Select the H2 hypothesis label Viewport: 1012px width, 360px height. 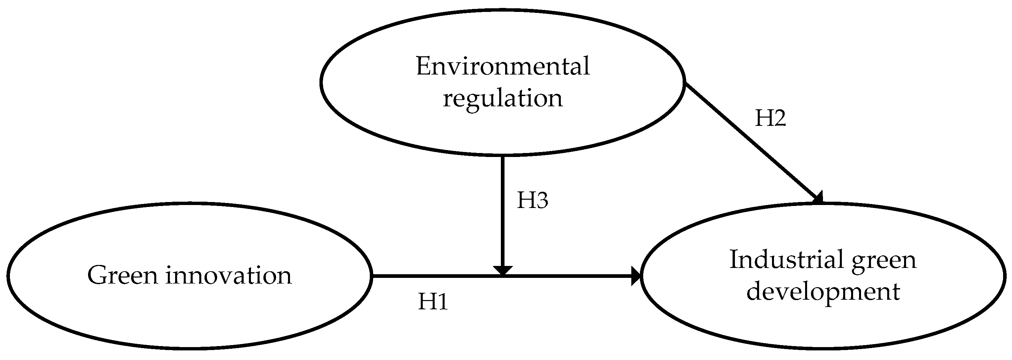click(770, 118)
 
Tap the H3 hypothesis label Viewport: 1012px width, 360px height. click(532, 200)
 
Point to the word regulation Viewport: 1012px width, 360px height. click(503, 98)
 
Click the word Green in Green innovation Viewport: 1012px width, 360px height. click(122, 275)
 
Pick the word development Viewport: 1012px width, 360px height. click(823, 292)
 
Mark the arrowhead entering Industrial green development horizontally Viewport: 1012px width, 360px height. click(636, 276)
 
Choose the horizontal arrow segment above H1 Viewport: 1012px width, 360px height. click(432, 276)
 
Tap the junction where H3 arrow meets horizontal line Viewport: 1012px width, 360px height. click(503, 276)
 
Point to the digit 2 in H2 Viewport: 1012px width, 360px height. click(779, 118)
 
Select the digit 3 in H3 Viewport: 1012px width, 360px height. click(541, 200)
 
